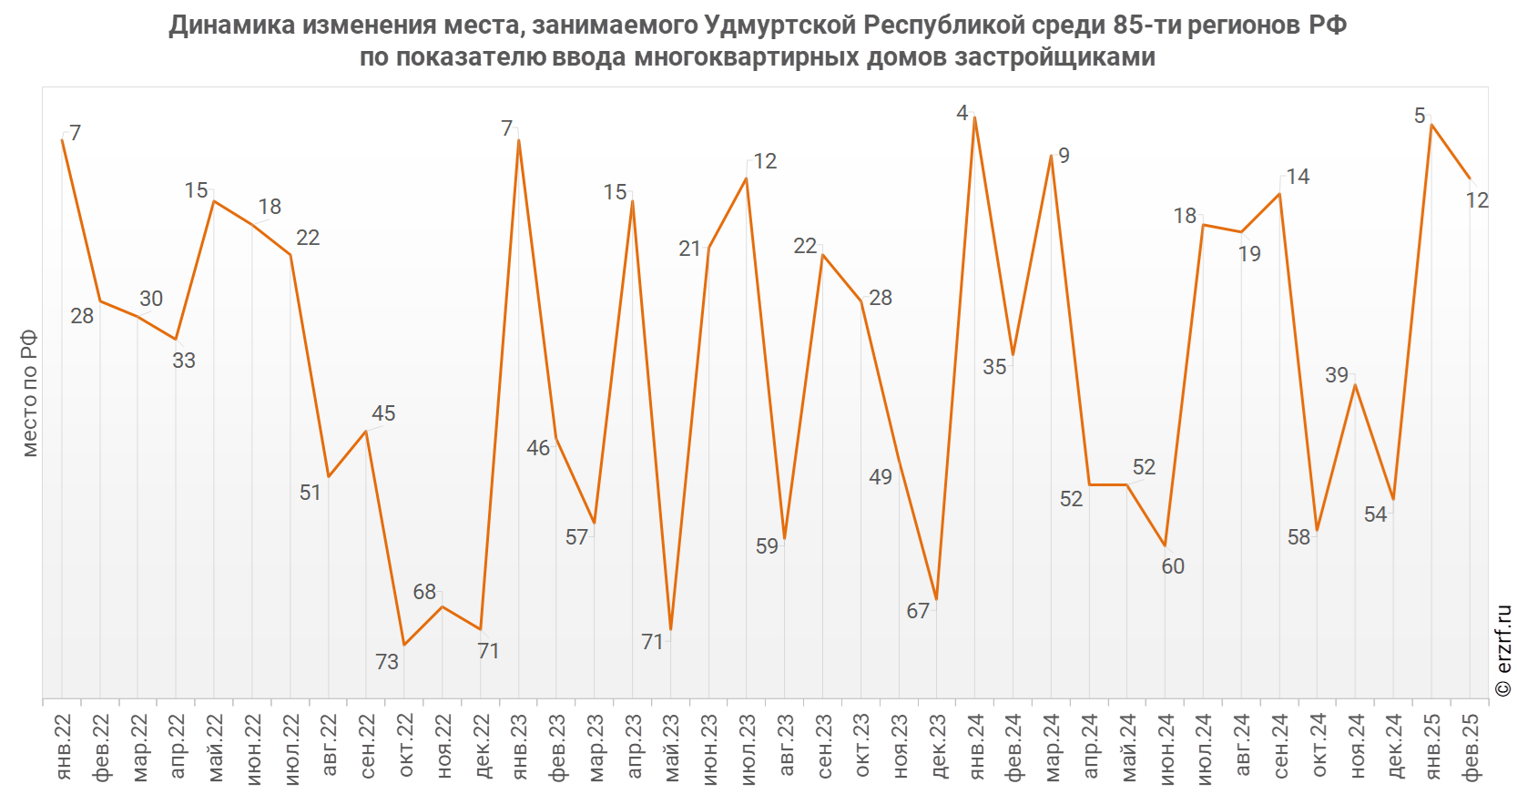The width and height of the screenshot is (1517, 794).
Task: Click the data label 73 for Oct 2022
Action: (x=387, y=662)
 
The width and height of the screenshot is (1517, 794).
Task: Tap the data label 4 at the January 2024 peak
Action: (x=962, y=113)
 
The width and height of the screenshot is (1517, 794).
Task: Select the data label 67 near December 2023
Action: (x=918, y=611)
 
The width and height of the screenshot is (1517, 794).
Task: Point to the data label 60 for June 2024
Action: (x=1173, y=566)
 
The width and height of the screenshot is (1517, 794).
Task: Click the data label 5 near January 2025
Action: (x=1420, y=116)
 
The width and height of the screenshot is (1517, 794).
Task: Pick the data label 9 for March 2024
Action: (x=1064, y=156)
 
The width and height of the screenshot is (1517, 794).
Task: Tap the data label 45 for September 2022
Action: (x=383, y=413)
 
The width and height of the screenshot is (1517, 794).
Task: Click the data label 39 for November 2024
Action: (x=1337, y=375)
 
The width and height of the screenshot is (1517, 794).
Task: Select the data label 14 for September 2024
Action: (x=1298, y=177)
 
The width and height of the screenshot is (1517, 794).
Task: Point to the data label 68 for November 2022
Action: (x=424, y=592)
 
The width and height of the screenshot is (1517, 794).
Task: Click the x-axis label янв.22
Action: (x=63, y=747)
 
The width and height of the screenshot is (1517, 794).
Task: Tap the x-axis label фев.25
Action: (x=1471, y=747)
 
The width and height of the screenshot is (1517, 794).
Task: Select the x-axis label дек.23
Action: (x=938, y=747)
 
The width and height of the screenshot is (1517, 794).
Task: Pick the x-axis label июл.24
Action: (x=1204, y=747)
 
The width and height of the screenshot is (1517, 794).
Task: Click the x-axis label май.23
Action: (x=672, y=747)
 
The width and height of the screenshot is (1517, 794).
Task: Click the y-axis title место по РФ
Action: (x=29, y=393)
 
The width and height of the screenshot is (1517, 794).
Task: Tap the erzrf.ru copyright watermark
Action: (x=1502, y=652)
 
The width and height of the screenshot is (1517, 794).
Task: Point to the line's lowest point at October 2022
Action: (x=404, y=645)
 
